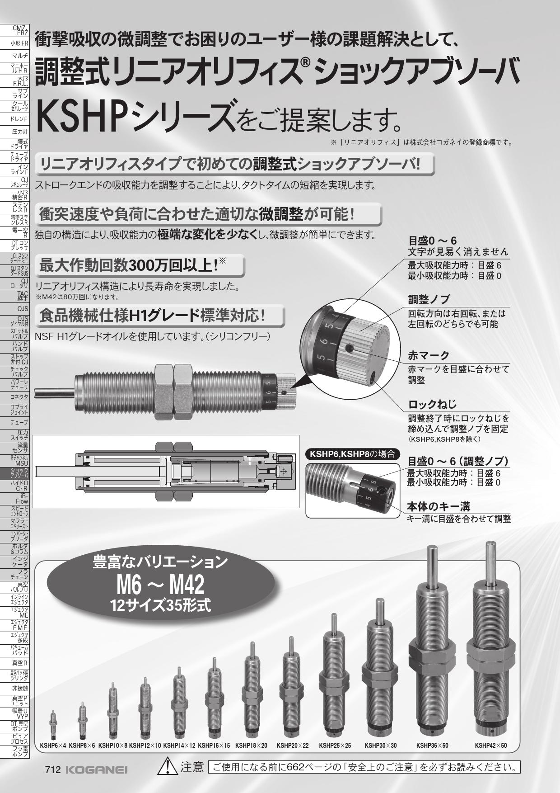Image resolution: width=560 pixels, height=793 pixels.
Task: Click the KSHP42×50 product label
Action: pyautogui.click(x=491, y=745)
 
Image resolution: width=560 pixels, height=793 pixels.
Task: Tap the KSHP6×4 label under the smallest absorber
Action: pyautogui.click(x=53, y=745)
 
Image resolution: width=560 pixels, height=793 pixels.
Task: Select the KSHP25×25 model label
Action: pyautogui.click(x=335, y=745)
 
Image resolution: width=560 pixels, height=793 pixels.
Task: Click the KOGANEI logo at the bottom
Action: pyautogui.click(x=97, y=770)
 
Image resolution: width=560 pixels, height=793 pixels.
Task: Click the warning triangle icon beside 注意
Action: pyautogui.click(x=168, y=767)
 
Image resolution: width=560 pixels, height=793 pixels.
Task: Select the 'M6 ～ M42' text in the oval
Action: pyautogui.click(x=160, y=585)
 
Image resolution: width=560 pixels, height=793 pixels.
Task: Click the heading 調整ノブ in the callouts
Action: pyautogui.click(x=429, y=299)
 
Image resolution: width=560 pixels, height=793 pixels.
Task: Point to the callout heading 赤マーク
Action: pyautogui.click(x=429, y=355)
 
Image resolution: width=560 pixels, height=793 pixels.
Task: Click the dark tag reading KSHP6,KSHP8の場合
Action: pyautogui.click(x=352, y=454)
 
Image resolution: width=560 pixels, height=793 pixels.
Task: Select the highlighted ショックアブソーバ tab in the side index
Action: pyautogui.click(x=15, y=473)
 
